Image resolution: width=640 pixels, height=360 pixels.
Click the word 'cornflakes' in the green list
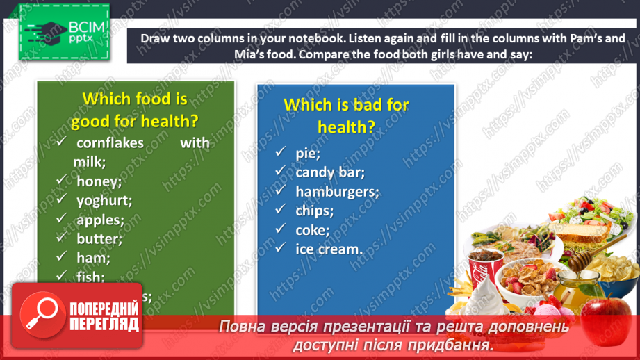pos(110,143)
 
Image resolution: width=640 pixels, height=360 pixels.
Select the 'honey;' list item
pos(99,181)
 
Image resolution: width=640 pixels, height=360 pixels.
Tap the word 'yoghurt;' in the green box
pos(104,201)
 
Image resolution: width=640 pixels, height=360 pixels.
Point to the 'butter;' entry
pos(99,238)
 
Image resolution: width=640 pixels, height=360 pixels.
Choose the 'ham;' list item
pos(94,258)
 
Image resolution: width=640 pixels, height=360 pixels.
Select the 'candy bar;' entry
pos(329,172)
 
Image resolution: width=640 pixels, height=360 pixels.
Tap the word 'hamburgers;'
pos(337,191)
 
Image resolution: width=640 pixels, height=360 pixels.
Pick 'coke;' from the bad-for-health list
pos(312,229)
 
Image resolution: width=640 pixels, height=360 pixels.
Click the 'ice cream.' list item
pos(329,248)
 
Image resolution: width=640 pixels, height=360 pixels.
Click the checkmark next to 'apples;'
pos(63,219)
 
